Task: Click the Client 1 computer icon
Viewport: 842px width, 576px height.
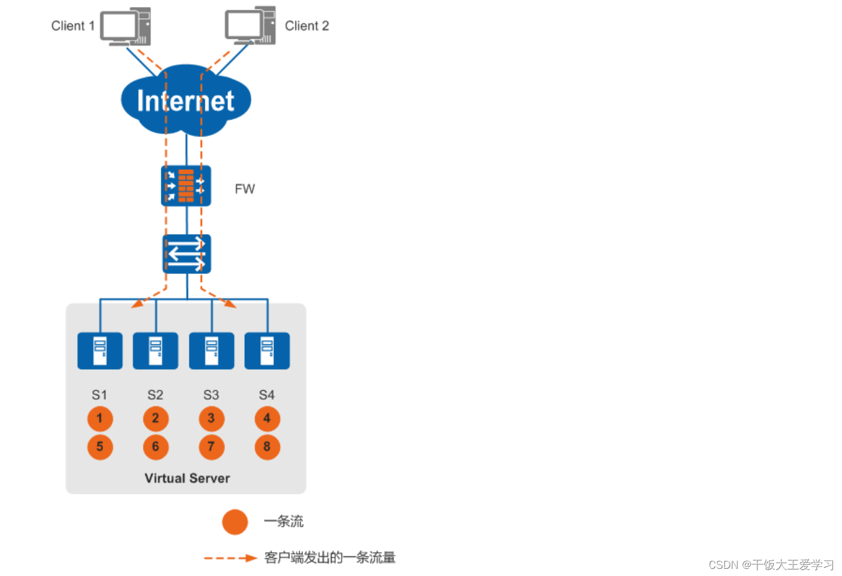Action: pos(126,27)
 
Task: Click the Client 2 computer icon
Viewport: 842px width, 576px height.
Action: pos(251,26)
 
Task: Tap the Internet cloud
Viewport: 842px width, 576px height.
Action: pos(186,100)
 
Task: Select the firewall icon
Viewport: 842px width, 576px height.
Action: pos(186,186)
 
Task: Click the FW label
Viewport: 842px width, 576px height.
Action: pos(245,189)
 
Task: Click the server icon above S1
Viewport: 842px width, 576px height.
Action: pos(100,351)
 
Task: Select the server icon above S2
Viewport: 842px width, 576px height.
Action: pos(155,351)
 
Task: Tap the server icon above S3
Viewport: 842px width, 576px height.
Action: pos(211,351)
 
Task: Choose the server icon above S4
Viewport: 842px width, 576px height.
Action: pos(267,351)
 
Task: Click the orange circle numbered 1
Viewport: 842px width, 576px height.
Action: pos(100,419)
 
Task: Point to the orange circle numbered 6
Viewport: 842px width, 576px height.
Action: pos(155,447)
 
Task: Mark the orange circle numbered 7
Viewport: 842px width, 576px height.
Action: pos(211,447)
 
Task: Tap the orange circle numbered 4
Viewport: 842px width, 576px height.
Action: pos(267,419)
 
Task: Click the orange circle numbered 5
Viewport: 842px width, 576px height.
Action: pos(100,447)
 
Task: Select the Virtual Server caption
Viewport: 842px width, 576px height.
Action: pos(187,478)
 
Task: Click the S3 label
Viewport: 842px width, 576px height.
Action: pos(211,395)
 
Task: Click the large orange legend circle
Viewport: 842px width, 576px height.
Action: pos(235,522)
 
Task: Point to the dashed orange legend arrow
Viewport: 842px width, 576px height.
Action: pos(230,558)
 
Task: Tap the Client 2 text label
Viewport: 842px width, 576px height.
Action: pos(307,26)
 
